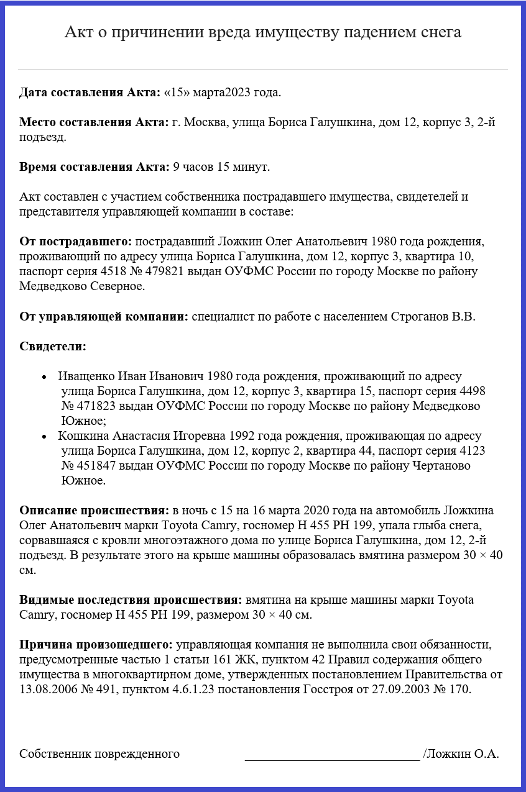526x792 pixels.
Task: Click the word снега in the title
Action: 439,32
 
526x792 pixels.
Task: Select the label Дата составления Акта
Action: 90,93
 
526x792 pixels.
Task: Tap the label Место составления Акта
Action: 93,122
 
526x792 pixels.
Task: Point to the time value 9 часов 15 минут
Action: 221,166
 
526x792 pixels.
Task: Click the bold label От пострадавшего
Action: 76,241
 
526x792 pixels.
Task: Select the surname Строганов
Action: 419,317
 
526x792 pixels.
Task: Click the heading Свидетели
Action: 53,346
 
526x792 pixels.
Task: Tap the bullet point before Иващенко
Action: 44,377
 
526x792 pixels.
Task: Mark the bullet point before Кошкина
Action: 44,437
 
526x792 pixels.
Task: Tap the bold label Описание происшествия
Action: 94,510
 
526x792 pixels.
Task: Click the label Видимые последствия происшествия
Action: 131,600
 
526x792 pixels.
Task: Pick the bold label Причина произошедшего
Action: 96,644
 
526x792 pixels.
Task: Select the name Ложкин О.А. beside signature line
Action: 461,754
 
